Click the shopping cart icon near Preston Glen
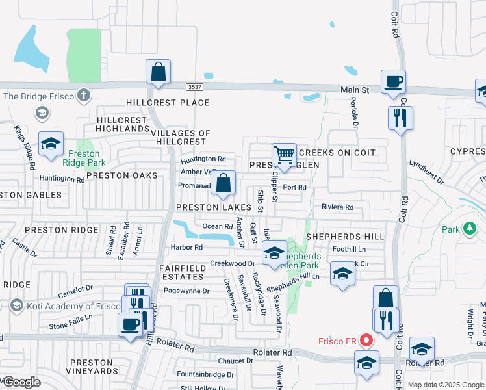click(x=284, y=155)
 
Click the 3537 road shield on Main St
click(x=193, y=87)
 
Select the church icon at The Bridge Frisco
click(x=83, y=96)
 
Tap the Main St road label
click(x=356, y=90)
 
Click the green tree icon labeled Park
click(x=468, y=229)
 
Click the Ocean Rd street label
click(x=218, y=226)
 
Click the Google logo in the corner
click(x=21, y=382)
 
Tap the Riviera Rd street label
click(x=337, y=207)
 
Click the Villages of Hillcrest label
click(x=180, y=137)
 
